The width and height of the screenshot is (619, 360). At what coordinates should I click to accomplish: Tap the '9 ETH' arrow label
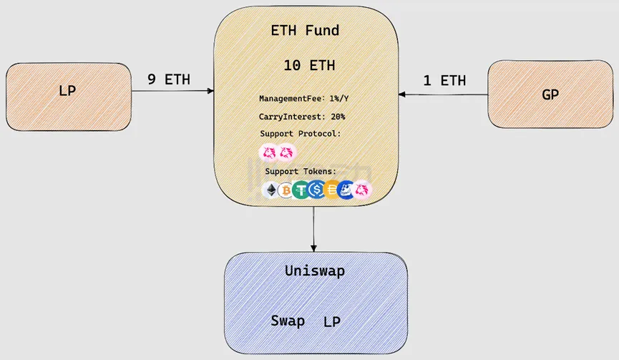[169, 79]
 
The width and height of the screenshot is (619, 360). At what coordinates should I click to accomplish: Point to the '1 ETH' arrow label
[444, 81]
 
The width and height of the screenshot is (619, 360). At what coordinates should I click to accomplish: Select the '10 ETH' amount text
[309, 66]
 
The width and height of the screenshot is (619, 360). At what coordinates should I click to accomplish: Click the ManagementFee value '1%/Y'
[333, 98]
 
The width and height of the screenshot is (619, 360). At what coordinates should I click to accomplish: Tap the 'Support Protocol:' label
[300, 134]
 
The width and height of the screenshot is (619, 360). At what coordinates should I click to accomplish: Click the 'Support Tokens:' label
[300, 172]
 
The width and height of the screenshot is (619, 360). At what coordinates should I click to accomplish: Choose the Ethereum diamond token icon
[271, 190]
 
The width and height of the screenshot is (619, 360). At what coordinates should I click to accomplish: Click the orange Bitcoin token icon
[286, 190]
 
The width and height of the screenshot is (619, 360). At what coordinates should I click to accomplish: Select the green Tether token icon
[301, 190]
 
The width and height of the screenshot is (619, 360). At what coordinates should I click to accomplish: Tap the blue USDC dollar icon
[316, 190]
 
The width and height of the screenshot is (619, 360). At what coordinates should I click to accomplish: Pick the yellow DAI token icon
[331, 190]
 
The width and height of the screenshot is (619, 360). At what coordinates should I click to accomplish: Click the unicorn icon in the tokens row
[363, 190]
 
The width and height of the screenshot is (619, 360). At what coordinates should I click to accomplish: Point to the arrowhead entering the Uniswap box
[313, 248]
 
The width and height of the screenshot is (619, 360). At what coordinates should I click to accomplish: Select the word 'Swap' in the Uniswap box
[288, 321]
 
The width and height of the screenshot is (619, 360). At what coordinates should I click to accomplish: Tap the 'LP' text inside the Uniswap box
[332, 322]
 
